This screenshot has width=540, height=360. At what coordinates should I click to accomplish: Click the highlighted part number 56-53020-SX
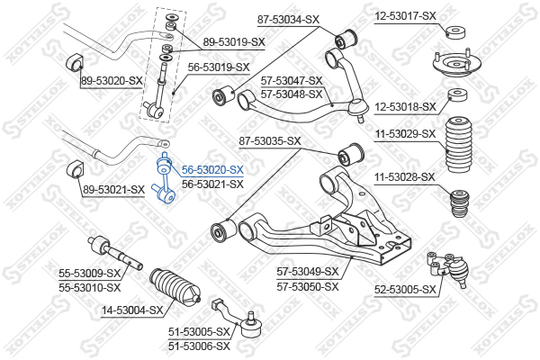point(213,169)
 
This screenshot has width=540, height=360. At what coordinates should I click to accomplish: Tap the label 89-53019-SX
point(234,41)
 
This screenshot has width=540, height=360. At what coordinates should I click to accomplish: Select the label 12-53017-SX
point(405,15)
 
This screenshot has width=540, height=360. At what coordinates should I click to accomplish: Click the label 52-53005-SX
point(405,289)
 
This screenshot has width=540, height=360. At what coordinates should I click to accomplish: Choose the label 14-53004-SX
point(132,310)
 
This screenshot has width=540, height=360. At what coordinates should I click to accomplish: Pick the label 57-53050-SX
point(309,286)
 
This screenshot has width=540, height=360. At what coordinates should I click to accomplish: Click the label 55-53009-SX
point(90,273)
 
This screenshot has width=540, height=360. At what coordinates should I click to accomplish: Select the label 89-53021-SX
point(113,190)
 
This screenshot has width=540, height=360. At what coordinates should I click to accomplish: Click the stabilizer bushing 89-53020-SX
point(74,60)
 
